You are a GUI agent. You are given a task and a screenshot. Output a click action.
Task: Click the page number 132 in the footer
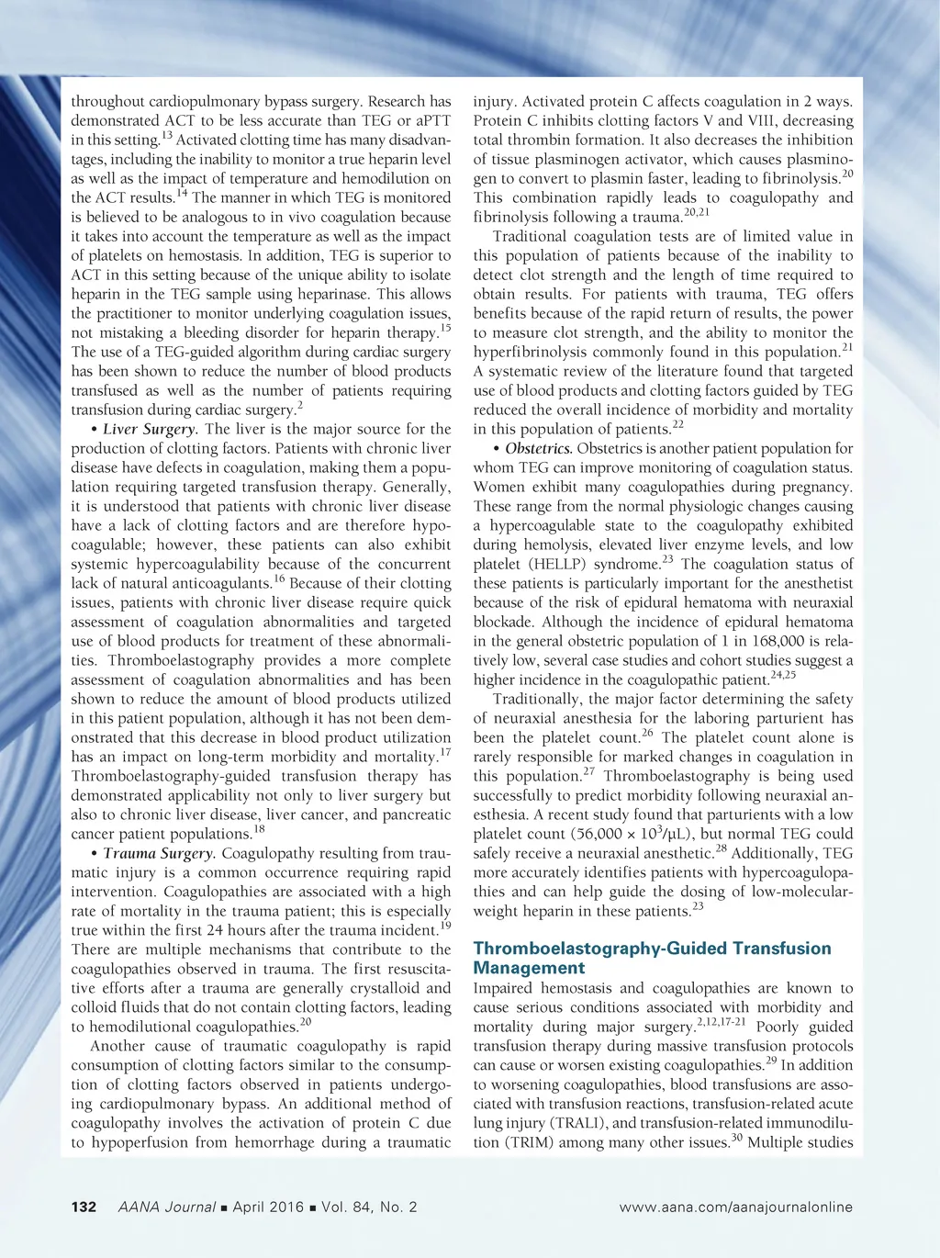(x=84, y=1207)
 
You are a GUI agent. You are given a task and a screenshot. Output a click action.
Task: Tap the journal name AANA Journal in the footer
(x=167, y=1207)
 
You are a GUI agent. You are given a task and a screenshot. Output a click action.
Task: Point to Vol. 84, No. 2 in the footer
(x=369, y=1207)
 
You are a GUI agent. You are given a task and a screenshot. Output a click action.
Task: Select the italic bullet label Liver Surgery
(x=149, y=429)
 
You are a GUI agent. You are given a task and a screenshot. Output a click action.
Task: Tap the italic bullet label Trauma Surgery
(x=158, y=853)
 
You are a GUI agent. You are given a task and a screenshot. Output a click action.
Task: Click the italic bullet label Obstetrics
(x=538, y=448)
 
